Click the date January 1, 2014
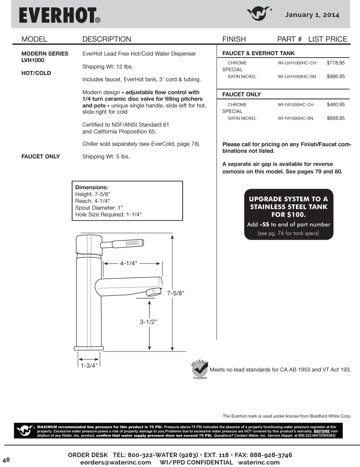[x=312, y=15]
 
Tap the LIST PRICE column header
[x=327, y=39]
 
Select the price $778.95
[x=336, y=63]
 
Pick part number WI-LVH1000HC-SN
[x=297, y=77]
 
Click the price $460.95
[x=336, y=105]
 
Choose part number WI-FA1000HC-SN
[x=295, y=118]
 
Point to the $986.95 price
[x=336, y=77]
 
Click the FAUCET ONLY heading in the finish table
[x=241, y=94]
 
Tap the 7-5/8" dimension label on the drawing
[x=175, y=293]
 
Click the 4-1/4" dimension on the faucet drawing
[x=129, y=263]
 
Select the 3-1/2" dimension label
[x=149, y=322]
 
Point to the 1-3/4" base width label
[x=89, y=365]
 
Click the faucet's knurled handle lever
[x=128, y=244]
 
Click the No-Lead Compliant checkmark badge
[x=200, y=369]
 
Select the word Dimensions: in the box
[x=91, y=187]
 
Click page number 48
[x=6, y=460]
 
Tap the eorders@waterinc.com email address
[x=115, y=462]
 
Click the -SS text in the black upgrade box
[x=264, y=225]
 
